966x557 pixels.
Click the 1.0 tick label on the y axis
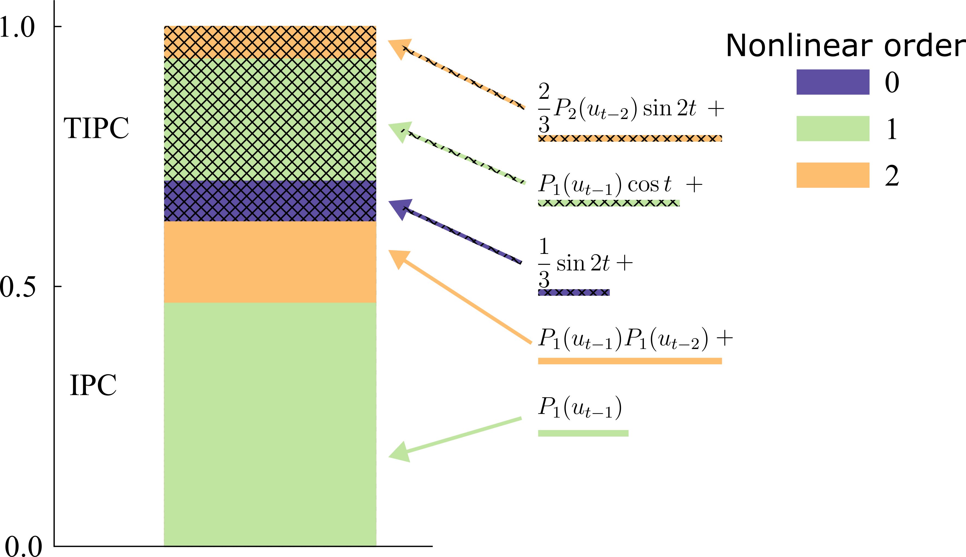17,28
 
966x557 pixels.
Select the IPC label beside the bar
93,385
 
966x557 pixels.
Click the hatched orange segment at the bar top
270,42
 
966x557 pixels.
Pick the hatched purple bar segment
270,201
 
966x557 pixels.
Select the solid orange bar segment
270,262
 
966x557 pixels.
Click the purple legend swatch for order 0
833,82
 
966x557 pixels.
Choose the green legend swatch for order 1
833,129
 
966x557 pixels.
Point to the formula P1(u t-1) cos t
619,185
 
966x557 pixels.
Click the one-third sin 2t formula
585,263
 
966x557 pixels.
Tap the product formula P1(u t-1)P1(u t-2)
634,339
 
